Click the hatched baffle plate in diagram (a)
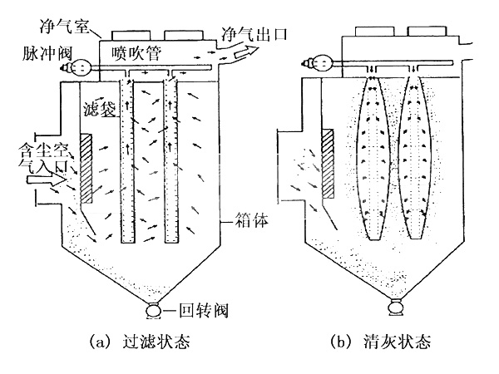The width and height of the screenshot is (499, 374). click(86, 167)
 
